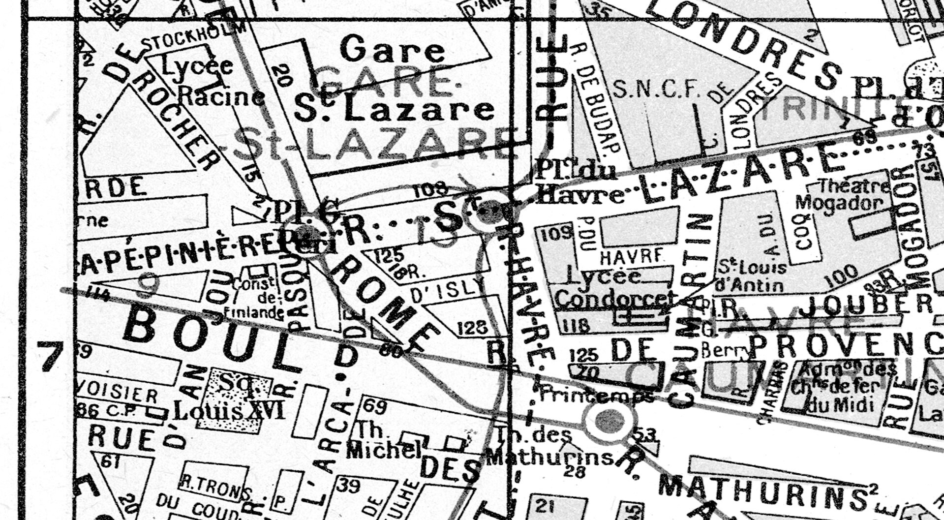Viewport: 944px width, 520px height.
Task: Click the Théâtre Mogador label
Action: [x=843, y=194]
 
